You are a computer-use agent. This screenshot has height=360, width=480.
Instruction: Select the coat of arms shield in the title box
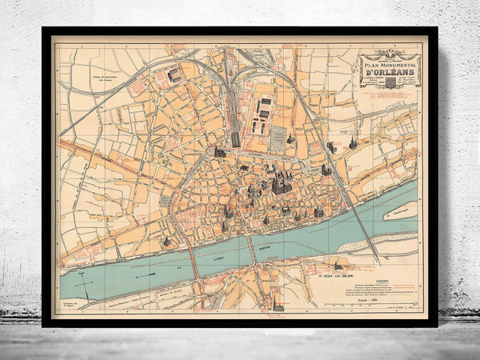coord(390,82)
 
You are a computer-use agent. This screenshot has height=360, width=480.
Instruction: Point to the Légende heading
coord(383,281)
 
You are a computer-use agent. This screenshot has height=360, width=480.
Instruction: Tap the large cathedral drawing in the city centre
coord(280,183)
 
